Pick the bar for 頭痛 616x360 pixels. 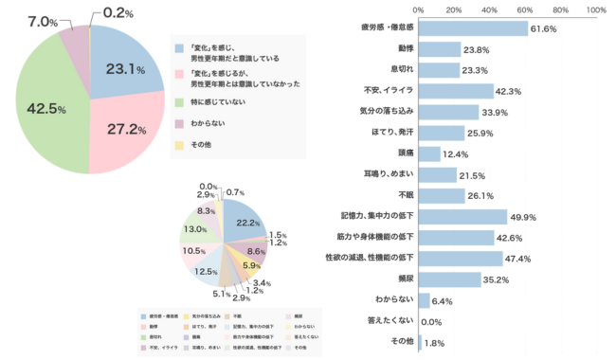click(x=428, y=153)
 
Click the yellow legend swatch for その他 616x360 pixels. click(x=178, y=145)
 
